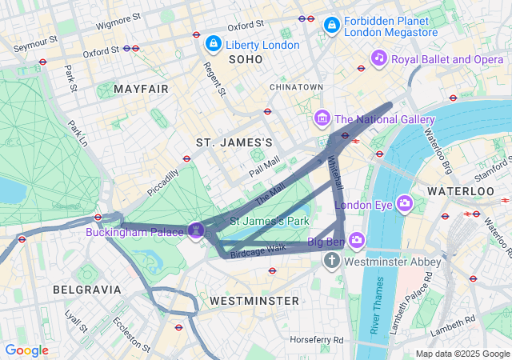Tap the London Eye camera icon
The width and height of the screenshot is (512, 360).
click(x=404, y=204)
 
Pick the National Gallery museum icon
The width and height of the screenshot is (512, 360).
click(x=322, y=119)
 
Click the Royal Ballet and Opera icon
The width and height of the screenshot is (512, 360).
click(x=378, y=58)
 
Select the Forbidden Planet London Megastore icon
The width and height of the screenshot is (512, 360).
click(x=331, y=26)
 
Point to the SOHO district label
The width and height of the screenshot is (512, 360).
click(x=246, y=60)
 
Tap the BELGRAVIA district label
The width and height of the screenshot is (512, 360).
click(x=86, y=289)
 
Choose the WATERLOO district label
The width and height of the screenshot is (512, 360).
click(x=461, y=192)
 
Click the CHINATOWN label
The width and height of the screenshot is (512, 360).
click(x=296, y=86)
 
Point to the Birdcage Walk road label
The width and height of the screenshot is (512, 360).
click(x=258, y=250)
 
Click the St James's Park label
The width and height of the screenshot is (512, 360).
click(x=270, y=220)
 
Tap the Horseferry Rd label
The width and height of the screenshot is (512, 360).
click(x=317, y=340)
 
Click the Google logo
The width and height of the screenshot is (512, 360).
click(x=27, y=350)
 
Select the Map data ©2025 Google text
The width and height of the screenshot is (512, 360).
click(x=462, y=354)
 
